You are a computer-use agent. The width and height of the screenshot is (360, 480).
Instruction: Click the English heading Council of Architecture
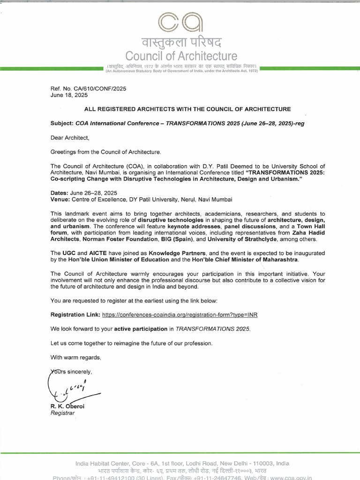(180, 56)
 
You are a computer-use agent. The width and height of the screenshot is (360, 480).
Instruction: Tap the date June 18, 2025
(69, 95)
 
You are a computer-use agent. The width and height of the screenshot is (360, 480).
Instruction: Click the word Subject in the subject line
(61, 123)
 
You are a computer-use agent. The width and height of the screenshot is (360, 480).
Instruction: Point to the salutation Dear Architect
(69, 138)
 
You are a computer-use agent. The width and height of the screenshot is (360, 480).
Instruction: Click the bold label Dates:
(60, 193)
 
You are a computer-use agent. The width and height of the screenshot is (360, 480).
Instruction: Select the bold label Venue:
(60, 200)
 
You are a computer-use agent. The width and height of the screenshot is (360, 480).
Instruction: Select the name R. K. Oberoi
(68, 406)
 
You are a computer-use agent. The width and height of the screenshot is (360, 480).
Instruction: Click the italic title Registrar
(62, 413)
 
